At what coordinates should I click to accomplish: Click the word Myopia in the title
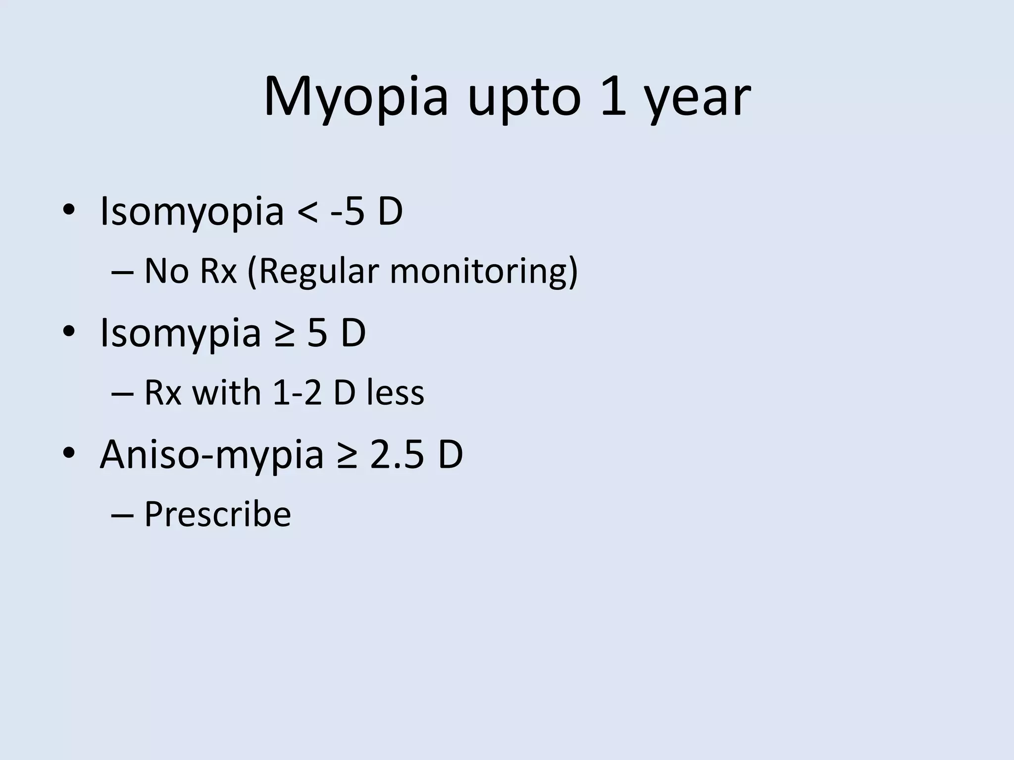355,97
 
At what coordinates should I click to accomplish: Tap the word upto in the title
524,98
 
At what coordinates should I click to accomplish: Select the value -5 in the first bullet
348,212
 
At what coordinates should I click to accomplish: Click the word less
396,393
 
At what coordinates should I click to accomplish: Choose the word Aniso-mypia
211,455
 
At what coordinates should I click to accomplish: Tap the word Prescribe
217,515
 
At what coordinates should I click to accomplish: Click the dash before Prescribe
123,515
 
